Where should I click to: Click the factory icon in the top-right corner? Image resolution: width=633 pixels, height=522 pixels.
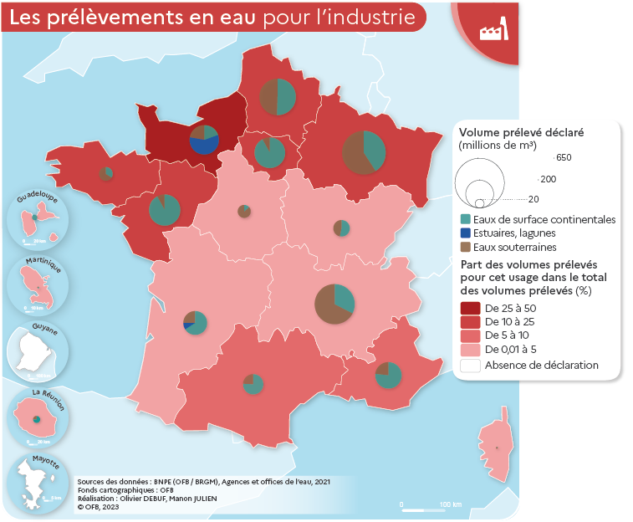point(494,32)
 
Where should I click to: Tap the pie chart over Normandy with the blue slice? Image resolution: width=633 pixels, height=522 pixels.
point(204,140)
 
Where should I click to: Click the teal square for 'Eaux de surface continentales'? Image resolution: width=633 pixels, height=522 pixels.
point(466,219)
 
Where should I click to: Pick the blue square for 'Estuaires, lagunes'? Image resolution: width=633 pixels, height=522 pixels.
point(466,233)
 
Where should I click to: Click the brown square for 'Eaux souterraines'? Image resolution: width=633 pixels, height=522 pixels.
point(466,248)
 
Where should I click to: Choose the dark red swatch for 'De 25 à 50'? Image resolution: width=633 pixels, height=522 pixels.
point(470,309)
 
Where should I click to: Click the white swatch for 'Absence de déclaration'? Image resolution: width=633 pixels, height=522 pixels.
point(470,366)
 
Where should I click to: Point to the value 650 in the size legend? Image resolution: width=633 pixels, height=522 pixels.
point(563,157)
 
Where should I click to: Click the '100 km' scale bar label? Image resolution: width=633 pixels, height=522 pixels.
point(450,504)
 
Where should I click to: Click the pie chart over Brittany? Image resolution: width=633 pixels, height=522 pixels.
point(106,173)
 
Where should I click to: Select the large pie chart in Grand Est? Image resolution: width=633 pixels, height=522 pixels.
point(365,152)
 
